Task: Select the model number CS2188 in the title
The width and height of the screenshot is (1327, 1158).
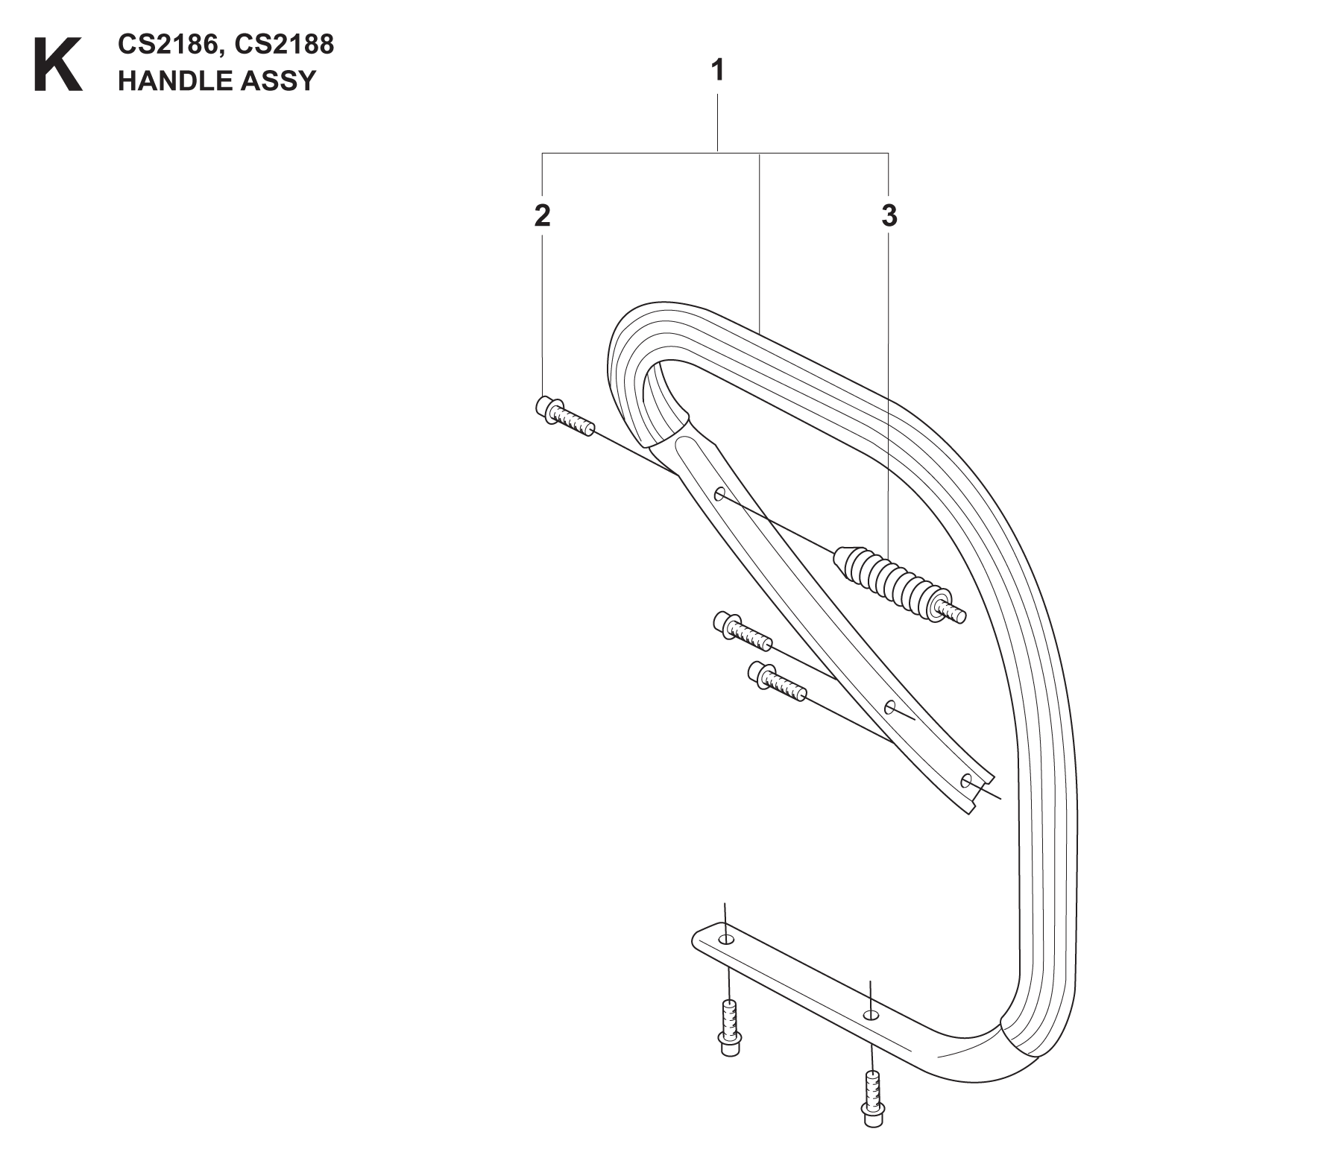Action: pos(283,45)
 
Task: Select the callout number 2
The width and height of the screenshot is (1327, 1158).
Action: pos(542,215)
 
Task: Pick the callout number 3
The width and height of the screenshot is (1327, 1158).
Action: pos(889,215)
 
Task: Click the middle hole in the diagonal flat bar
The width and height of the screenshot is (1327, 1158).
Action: pos(889,706)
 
